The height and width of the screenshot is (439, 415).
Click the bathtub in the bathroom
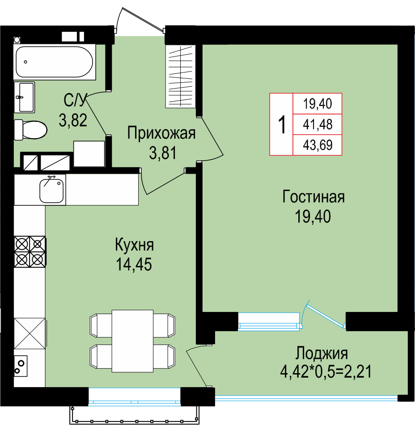point(54,62)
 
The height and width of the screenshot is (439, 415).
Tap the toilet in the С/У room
point(30,130)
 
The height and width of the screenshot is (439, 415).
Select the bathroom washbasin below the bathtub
point(24,97)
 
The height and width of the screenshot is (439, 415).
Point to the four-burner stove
point(30,251)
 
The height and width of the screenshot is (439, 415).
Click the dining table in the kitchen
point(132,341)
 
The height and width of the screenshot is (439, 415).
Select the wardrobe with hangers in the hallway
point(180,77)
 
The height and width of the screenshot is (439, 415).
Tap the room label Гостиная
point(313,196)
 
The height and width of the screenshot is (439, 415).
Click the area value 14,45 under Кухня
point(134,264)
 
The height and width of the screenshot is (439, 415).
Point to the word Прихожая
point(161,133)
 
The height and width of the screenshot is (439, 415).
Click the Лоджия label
point(322,354)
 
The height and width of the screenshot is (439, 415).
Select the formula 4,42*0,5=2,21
point(326,372)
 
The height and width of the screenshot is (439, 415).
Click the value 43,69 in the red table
point(318,145)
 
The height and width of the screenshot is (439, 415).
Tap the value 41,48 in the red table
point(318,124)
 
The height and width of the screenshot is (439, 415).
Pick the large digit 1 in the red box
point(282,124)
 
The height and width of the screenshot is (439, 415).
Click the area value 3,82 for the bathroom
point(73,120)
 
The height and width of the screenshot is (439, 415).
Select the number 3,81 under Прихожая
point(163,153)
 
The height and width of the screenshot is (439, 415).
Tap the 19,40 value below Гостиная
point(313,217)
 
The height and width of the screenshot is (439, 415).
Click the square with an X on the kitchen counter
point(30,333)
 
